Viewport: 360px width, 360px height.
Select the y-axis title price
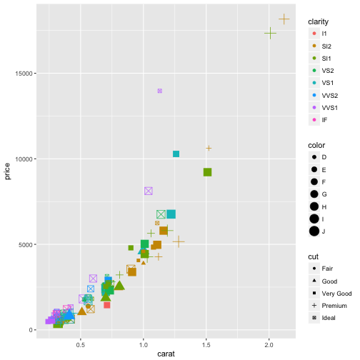[8, 171]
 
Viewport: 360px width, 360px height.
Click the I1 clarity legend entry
[324, 34]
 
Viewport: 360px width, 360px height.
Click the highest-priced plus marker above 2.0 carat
[284, 19]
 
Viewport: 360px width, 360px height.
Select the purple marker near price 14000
[160, 91]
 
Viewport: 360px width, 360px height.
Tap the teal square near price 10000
[176, 154]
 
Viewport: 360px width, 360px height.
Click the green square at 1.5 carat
[207, 172]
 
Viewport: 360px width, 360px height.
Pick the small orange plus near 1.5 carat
[209, 149]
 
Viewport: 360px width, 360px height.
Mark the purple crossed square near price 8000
[149, 191]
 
